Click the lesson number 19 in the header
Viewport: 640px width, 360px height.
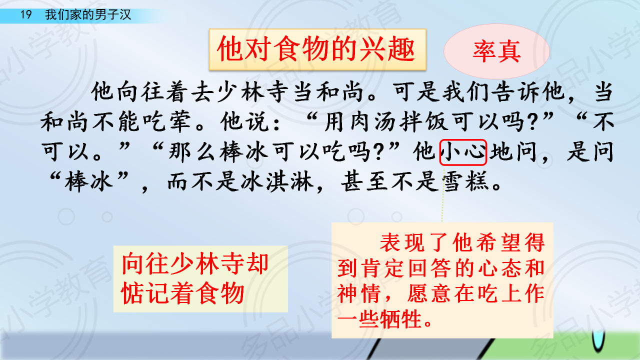(25, 14)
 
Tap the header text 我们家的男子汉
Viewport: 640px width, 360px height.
(88, 14)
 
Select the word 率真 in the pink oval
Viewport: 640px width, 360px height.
(496, 51)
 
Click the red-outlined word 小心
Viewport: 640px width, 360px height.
(463, 152)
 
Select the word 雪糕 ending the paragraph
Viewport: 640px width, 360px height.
(465, 181)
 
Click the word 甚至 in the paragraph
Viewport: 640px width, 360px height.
(364, 181)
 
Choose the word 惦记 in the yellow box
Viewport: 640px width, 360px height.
(145, 293)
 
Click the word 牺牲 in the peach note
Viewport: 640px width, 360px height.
(401, 319)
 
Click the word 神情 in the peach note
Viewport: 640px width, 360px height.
(359, 293)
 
